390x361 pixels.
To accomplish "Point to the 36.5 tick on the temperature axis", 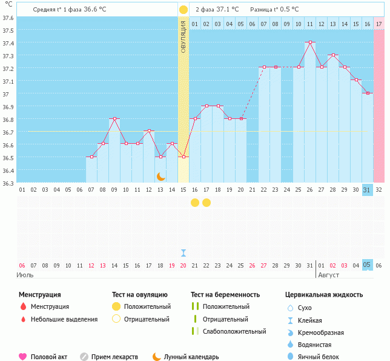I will coord(8,158).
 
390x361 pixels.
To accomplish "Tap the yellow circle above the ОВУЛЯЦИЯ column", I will coord(183,10).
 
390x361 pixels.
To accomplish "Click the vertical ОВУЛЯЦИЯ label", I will coord(183,37).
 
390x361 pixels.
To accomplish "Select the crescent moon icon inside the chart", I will coord(161,176).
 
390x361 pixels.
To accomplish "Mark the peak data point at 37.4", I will coord(310,42).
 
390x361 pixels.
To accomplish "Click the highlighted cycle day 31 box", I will coord(366,190).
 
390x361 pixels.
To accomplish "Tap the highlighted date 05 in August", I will coord(366,265).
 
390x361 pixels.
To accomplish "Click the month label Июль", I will coord(25,275).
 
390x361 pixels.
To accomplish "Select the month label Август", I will coord(328,275).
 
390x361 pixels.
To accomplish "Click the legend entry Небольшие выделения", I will coord(64,319).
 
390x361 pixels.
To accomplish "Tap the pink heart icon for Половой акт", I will coord(23,357).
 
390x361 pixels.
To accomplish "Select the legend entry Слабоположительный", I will coord(234,331).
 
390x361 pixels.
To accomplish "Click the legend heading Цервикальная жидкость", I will coord(324,295).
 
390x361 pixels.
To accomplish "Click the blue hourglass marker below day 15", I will coord(183,252).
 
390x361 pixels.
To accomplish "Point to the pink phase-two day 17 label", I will coord(378,24).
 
